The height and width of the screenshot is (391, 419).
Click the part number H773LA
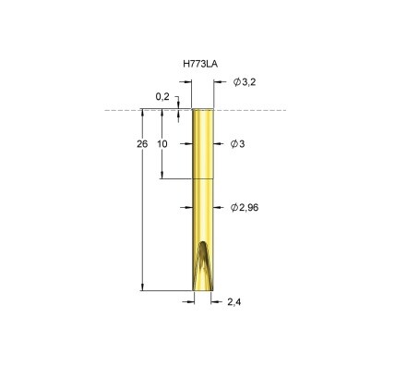coord(200,64)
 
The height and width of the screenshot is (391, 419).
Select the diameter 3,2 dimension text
coord(245,82)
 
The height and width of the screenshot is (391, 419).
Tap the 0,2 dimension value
coord(162,97)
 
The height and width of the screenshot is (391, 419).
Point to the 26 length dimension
coord(142,144)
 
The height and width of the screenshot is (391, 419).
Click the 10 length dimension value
coord(162,144)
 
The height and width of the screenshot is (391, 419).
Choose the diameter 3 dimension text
coord(237,144)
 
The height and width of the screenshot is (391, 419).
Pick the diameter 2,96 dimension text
coord(245,208)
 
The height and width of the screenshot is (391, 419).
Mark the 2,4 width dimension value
coord(234,302)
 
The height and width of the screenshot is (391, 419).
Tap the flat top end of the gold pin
coord(203,109)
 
